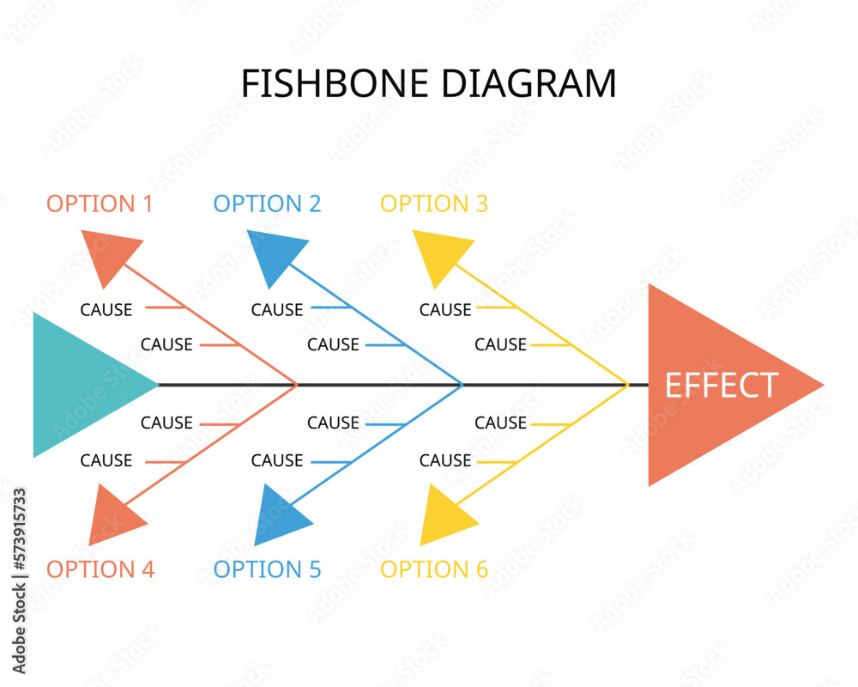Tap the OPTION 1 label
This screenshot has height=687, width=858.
(100, 204)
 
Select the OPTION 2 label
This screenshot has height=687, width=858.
(267, 204)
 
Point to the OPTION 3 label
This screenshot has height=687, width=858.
(434, 204)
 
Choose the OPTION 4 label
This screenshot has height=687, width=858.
(100, 569)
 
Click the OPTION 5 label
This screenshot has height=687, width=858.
(267, 569)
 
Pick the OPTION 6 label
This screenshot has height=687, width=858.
(434, 569)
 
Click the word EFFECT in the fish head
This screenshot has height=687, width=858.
(722, 386)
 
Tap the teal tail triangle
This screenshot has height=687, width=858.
(82, 385)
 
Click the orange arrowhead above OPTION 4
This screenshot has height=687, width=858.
(114, 515)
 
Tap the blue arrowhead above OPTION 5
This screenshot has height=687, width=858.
(280, 515)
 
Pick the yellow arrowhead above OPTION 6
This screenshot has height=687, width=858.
(445, 515)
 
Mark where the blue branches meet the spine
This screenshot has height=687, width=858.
(462, 385)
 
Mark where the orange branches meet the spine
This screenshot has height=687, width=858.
(296, 385)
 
